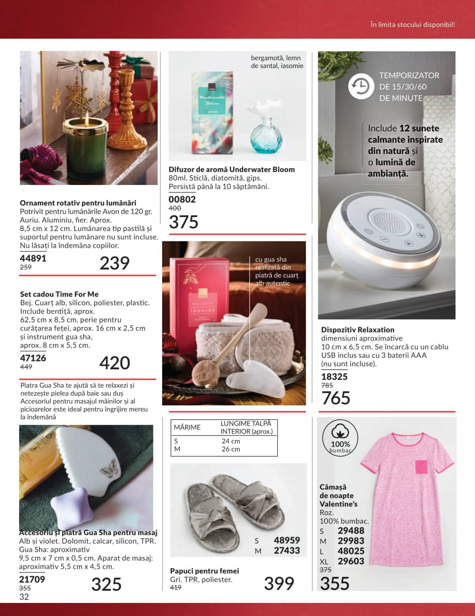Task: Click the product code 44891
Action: [x=33, y=258]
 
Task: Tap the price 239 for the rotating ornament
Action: [x=114, y=263]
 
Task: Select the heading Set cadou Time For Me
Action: [x=59, y=294]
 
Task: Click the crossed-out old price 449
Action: [x=26, y=367]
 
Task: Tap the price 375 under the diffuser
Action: [x=183, y=222]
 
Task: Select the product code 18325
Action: [x=334, y=377]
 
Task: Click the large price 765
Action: [x=336, y=398]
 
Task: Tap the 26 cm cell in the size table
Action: [x=231, y=449]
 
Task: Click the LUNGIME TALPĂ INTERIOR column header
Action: [x=246, y=427]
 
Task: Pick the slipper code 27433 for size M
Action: [x=287, y=550]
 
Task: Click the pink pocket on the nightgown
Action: [x=421, y=467]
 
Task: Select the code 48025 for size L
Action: [x=351, y=551]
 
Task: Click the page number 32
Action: [x=24, y=597]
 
